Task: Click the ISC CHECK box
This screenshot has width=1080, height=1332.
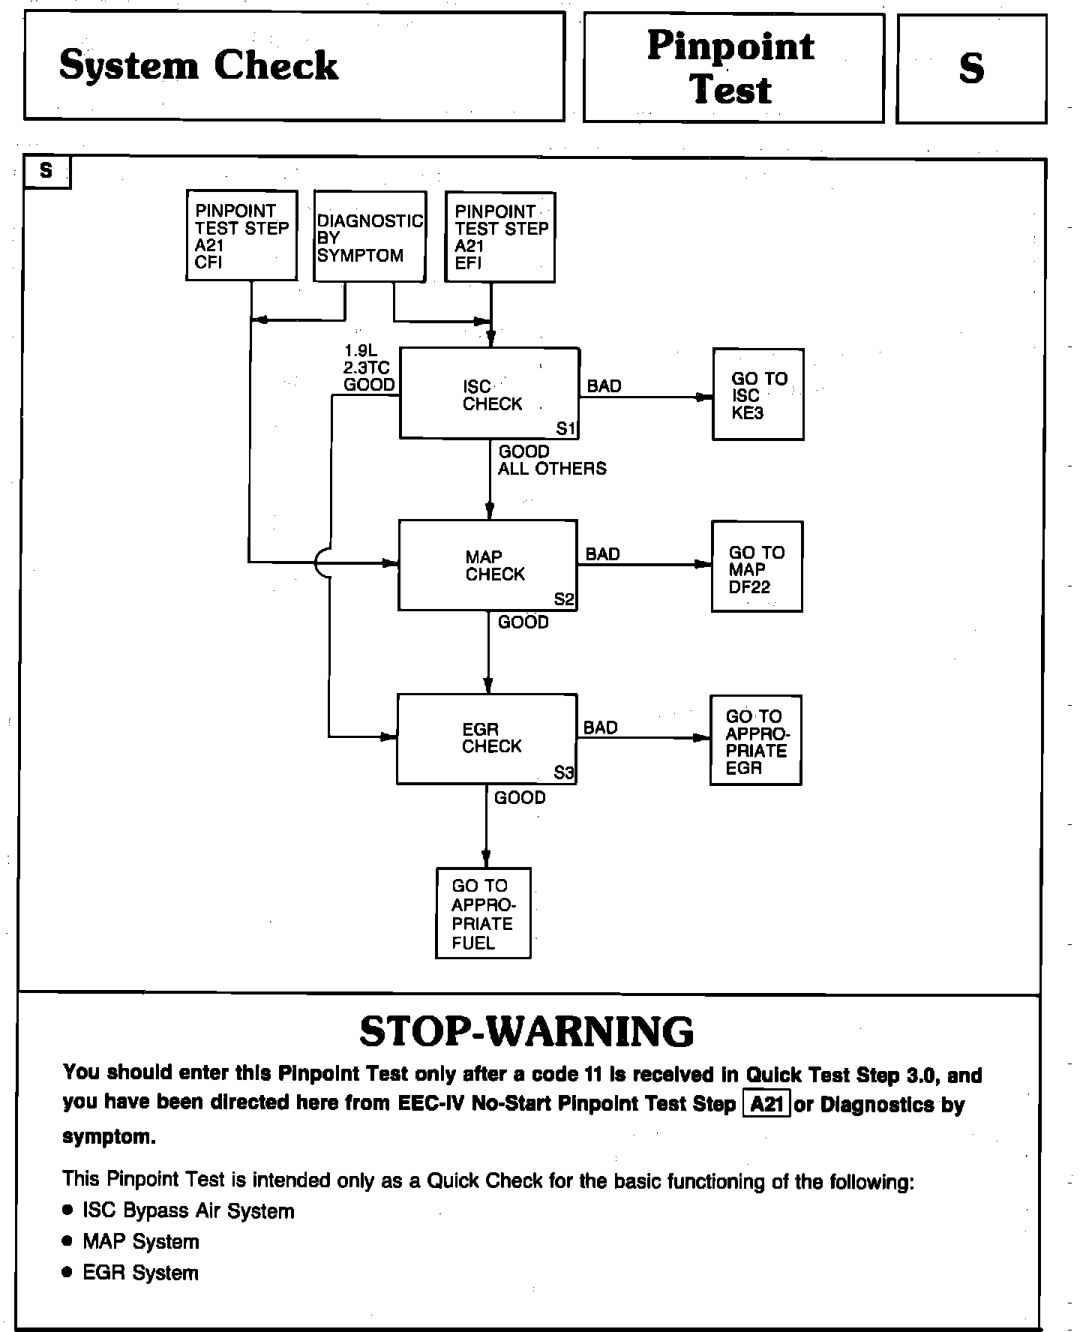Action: [x=489, y=393]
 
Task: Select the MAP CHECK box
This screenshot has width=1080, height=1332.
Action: [x=487, y=565]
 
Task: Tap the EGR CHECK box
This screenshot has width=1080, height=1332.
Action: [x=487, y=739]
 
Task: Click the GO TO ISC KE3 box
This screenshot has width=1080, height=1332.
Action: [x=758, y=394]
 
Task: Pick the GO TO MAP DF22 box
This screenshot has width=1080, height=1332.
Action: [x=757, y=567]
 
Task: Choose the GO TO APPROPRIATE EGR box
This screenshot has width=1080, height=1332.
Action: [x=756, y=740]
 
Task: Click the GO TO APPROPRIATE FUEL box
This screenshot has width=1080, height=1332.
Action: [x=484, y=913]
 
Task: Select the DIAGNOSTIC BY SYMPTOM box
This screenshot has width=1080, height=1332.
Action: [x=370, y=237]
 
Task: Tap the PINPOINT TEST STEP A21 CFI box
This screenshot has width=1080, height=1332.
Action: [x=241, y=235]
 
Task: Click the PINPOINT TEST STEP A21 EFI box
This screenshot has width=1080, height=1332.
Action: [x=500, y=237]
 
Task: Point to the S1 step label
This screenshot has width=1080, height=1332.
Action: [x=565, y=428]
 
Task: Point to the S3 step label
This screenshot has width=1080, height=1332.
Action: [x=564, y=772]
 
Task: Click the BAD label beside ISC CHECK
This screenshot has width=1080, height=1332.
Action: [x=604, y=386]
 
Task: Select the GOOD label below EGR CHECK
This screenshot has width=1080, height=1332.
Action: [x=520, y=797]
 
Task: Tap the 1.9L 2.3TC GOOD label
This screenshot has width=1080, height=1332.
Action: [x=368, y=367]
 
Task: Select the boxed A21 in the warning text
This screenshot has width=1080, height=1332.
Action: [x=766, y=1105]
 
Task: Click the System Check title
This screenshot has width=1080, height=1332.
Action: [x=199, y=65]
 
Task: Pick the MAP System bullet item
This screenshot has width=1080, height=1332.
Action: [x=140, y=1241]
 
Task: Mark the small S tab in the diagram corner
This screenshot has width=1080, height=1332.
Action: [x=46, y=171]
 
